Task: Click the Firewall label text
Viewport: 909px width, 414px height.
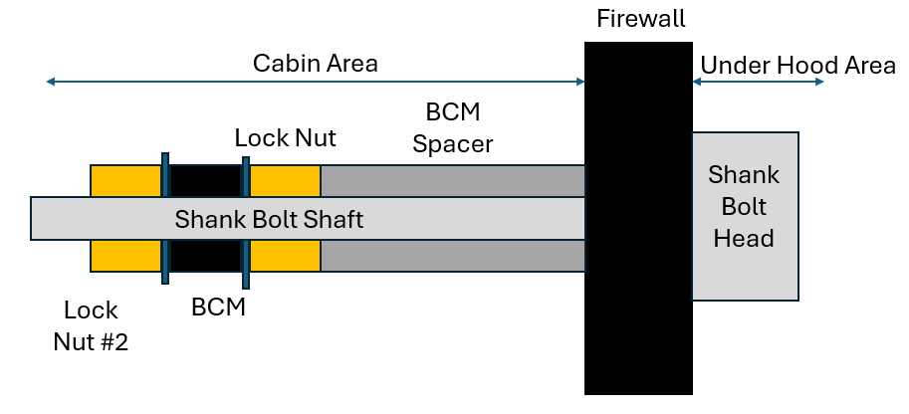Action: pos(640,19)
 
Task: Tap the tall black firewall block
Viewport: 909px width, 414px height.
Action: pos(638,218)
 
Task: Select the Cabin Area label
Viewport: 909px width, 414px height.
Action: pos(316,64)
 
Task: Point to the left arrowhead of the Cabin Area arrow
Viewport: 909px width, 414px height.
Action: pos(51,82)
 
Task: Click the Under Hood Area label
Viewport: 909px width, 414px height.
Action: pos(798,66)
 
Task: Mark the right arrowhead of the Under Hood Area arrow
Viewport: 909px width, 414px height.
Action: pos(819,82)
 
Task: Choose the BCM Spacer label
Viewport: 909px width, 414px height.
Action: pos(453,127)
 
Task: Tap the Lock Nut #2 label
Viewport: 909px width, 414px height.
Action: pos(91,325)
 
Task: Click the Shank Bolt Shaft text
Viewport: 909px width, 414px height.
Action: pos(269,220)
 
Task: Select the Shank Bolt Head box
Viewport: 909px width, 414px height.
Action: pos(746,216)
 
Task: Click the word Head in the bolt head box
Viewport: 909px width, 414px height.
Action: pos(744,238)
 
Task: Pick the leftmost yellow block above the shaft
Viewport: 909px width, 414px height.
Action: pos(125,181)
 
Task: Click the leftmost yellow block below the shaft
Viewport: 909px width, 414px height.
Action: pos(125,256)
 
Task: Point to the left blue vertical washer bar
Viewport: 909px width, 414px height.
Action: pos(165,218)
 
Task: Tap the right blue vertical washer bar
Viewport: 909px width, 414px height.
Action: pos(246,222)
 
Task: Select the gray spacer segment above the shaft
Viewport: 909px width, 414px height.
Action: pos(453,181)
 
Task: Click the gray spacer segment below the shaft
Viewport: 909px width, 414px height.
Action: pos(453,256)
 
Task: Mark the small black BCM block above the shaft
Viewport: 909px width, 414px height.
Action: pos(205,181)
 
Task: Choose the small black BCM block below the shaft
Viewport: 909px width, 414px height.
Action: pos(205,256)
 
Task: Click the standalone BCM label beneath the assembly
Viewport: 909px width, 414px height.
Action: pos(219,307)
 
